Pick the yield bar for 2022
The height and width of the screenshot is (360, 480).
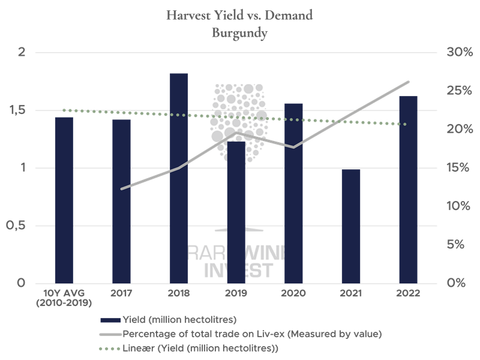(408, 189)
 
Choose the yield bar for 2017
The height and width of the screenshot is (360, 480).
(121, 201)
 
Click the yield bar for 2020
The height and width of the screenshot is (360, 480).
(293, 193)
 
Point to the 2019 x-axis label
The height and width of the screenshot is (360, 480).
(236, 293)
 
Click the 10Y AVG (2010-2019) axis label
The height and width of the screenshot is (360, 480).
(64, 298)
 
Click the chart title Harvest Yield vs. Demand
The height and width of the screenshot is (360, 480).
(239, 15)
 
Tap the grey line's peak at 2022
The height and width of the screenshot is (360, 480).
(409, 82)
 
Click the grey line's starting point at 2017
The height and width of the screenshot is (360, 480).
(122, 189)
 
